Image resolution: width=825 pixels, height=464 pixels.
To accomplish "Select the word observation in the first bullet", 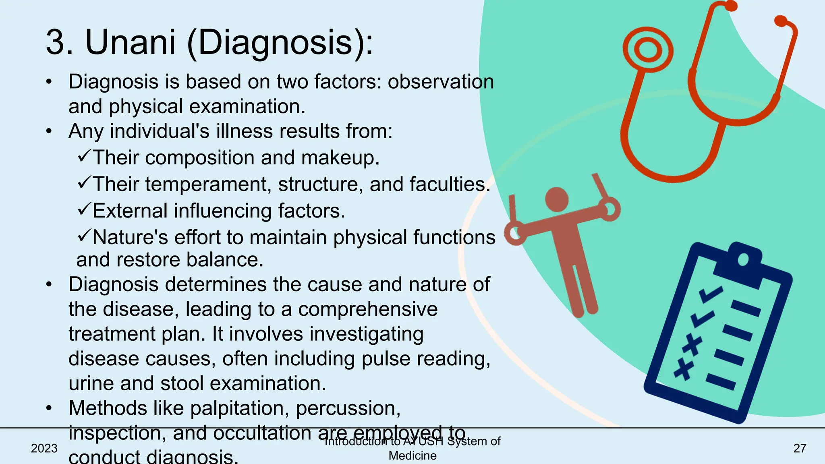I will pyautogui.click(x=441, y=82).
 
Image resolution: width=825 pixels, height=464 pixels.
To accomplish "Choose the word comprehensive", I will pyautogui.click(x=367, y=309).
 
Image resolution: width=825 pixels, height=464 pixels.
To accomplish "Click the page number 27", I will pyautogui.click(x=800, y=448).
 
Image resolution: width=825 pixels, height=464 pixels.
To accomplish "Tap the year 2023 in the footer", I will pyautogui.click(x=44, y=448).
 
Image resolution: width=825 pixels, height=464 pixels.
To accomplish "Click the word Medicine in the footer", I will pyautogui.click(x=412, y=456).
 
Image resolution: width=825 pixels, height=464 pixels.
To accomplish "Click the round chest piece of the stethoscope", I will pyautogui.click(x=648, y=50).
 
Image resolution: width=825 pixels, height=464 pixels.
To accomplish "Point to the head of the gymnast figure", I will pyautogui.click(x=557, y=199).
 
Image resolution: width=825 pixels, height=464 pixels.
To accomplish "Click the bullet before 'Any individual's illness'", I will pyautogui.click(x=49, y=131).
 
